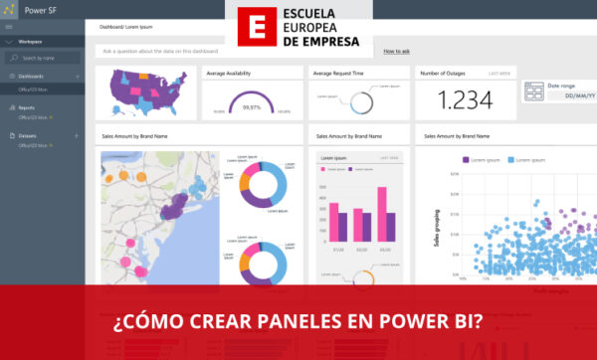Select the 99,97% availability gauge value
pyautogui.click(x=252, y=107)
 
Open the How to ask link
pyautogui.click(x=396, y=50)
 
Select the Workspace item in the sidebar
pyautogui.click(x=30, y=42)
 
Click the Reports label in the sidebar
pyautogui.click(x=26, y=107)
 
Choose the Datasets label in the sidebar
pyautogui.click(x=27, y=135)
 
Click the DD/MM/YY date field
pyautogui.click(x=557, y=96)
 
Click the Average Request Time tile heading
pyautogui.click(x=335, y=73)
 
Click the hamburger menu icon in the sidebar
pyautogui.click(x=8, y=27)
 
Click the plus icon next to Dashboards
pyautogui.click(x=78, y=76)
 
